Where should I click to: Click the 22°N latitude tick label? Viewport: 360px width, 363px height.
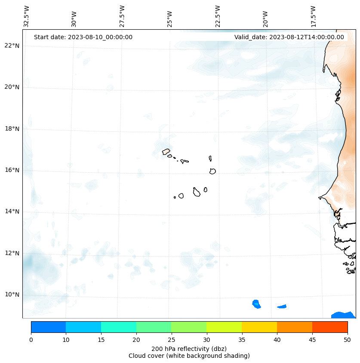point(12,46)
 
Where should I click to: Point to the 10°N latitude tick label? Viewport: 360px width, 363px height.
point(12,295)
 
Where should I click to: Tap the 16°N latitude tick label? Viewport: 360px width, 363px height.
point(12,170)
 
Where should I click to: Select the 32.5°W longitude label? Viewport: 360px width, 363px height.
point(27,16)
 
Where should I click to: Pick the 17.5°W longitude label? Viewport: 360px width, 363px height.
point(313,16)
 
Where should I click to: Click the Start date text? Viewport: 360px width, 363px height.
point(83,37)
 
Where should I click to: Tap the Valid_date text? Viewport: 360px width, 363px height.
point(289,37)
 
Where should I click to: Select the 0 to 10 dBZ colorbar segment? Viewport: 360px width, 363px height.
point(48,327)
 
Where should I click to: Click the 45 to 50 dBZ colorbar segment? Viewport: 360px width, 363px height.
point(329,327)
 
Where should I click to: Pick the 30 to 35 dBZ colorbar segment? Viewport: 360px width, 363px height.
point(224,327)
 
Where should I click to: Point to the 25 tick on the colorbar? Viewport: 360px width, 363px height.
point(171,340)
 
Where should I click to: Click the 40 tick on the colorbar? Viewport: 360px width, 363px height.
point(277,340)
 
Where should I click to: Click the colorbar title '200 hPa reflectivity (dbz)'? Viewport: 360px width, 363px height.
point(189,348)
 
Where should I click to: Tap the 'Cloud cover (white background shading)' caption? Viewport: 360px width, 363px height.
point(189,356)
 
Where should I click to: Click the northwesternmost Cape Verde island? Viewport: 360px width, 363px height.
point(166,152)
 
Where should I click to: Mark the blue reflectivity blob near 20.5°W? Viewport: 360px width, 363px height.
point(256,304)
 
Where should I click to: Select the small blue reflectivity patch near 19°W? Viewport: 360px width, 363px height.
point(282,307)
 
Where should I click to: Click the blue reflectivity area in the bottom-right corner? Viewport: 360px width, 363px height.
point(343,315)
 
